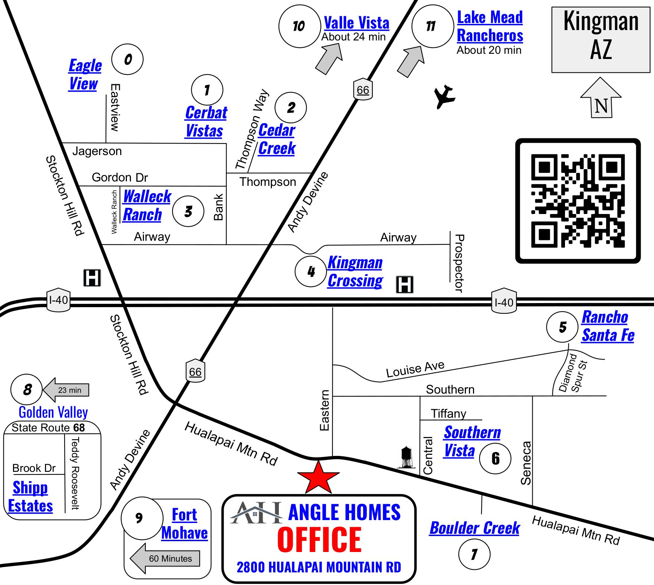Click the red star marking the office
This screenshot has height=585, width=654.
(318, 478)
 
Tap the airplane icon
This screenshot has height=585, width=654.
(444, 97)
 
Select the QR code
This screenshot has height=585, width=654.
(578, 201)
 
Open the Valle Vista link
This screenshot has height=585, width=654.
(356, 23)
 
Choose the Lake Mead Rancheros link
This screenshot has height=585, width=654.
(490, 26)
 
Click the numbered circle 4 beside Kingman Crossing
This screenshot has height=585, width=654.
(310, 272)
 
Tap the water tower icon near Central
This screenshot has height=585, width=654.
(407, 457)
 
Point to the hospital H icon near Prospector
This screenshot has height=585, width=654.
(404, 285)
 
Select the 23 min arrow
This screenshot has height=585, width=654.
(67, 390)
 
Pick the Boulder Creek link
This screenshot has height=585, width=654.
(474, 528)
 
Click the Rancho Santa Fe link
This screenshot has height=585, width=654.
(608, 326)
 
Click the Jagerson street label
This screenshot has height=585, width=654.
(97, 151)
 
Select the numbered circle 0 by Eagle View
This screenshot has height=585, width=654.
(128, 59)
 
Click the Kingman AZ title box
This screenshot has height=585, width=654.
(601, 40)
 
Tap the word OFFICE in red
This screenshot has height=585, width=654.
(319, 540)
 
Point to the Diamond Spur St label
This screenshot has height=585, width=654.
(573, 373)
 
